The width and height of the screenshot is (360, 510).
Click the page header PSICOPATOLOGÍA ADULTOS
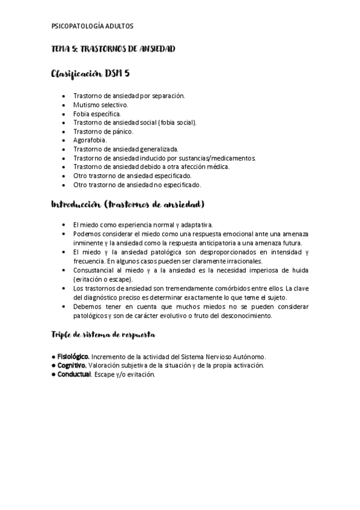click(93, 26)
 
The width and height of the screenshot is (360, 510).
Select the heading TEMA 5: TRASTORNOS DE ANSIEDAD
click(114, 49)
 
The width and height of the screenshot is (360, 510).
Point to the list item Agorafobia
click(90, 140)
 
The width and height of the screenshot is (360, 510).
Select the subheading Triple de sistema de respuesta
click(104, 334)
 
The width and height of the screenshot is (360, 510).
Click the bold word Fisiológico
click(74, 357)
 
